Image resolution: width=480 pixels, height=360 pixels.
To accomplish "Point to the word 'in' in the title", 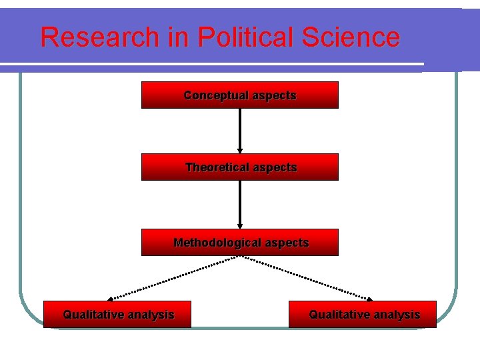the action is click(x=179, y=37).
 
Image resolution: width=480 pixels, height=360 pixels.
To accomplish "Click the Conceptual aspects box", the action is click(x=240, y=95).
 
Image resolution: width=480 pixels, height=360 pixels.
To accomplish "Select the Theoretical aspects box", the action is click(x=240, y=167).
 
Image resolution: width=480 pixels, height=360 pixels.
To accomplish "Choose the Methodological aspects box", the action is click(x=240, y=242).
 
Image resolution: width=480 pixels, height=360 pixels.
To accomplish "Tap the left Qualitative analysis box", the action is click(x=117, y=314).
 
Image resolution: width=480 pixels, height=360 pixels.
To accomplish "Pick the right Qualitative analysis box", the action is click(x=363, y=314).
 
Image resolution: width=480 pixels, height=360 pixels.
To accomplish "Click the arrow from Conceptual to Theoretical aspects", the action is click(x=240, y=130).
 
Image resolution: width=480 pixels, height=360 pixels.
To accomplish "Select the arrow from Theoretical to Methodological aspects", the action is click(x=240, y=203).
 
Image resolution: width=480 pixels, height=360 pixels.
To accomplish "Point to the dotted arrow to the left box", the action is click(x=173, y=277).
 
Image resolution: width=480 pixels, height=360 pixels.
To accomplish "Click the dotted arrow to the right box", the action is click(x=307, y=277).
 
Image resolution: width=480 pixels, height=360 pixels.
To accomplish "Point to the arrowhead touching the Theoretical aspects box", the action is click(x=240, y=151).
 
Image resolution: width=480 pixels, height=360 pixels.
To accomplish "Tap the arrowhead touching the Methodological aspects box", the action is click(x=240, y=225).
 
